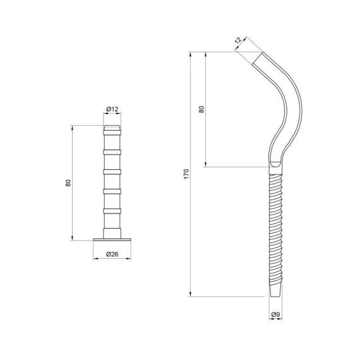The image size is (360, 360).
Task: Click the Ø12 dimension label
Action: pos(112,109)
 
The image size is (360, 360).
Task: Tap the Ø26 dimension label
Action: pos(112,254)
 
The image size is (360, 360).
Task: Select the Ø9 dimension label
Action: pos(275,315)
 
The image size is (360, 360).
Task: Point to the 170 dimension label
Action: pos(186,174)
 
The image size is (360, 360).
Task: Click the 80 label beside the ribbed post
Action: pos(68,183)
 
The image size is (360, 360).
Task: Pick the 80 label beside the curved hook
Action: pos(201,109)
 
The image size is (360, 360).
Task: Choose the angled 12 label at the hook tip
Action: pos(238,40)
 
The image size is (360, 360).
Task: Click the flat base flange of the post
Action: pos(112,239)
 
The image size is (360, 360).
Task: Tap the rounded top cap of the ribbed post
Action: pos(112,128)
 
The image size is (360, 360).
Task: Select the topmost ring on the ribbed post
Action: pos(112,133)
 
